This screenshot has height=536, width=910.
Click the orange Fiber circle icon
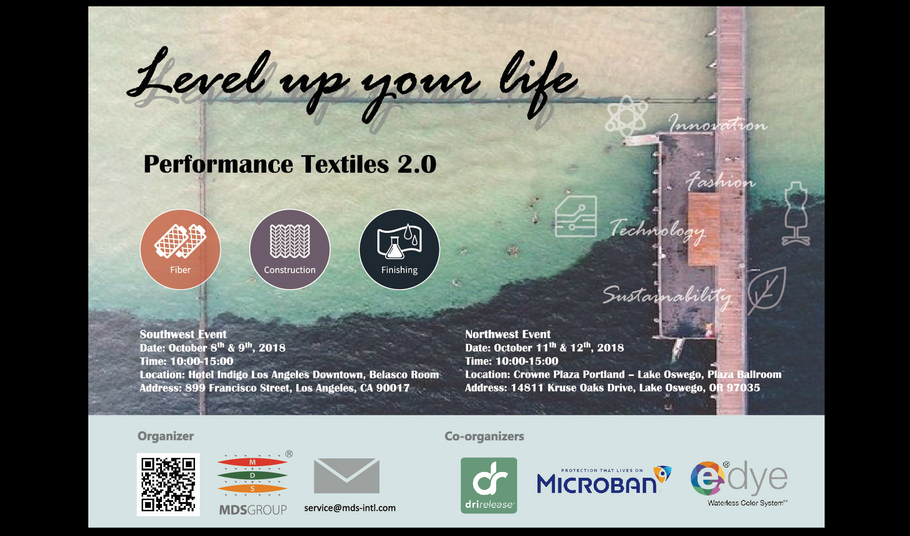tap(180, 249)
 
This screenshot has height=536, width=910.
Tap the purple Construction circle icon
tap(290, 249)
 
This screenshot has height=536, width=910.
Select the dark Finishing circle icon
tap(399, 249)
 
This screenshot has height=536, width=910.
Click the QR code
tap(168, 484)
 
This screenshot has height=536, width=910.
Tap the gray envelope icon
tap(346, 476)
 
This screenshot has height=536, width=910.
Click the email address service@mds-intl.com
tap(350, 508)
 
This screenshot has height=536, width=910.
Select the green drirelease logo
tap(489, 485)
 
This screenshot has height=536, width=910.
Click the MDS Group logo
tap(253, 483)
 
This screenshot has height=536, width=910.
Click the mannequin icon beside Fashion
tap(796, 213)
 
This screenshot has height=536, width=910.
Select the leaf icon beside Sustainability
tap(766, 290)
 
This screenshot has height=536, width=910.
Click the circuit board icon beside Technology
tap(576, 216)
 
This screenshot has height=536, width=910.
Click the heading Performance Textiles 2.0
tap(290, 164)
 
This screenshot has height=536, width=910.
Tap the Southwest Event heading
tap(183, 334)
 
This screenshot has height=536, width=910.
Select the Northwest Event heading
tap(508, 334)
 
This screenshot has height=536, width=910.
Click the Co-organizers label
tap(484, 436)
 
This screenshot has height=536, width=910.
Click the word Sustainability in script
tap(667, 295)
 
